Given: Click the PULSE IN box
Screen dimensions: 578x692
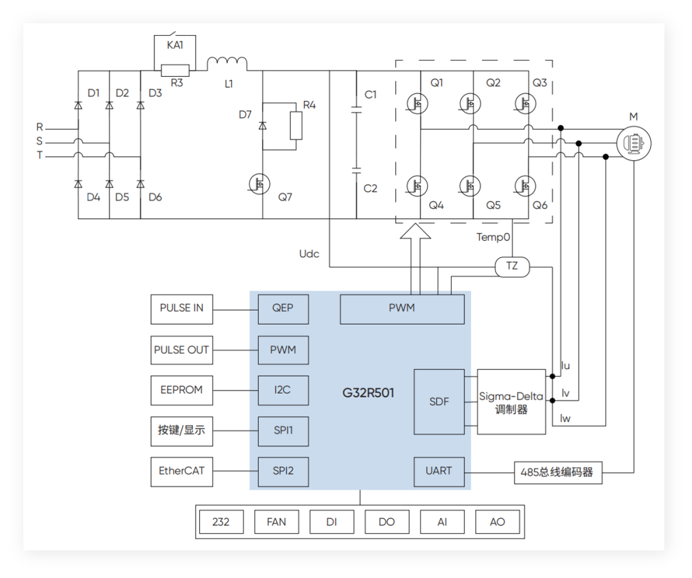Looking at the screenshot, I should pos(181,308).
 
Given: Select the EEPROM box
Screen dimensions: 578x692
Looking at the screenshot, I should pos(181,390).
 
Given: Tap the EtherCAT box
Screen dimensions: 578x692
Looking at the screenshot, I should pos(181,470).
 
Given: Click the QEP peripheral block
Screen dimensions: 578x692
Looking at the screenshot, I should pos(283,308).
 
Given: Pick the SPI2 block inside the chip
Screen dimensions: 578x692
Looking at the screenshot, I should pos(283,470).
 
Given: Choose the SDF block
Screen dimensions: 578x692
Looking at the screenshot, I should pos(439,402).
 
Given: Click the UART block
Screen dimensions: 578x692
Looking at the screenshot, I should pos(439,471).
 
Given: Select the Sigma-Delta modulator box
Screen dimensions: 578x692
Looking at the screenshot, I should pos(511,402).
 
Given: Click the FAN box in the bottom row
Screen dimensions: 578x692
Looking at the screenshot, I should pos(276,522).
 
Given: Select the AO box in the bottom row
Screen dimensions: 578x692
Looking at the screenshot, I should pos(497,522).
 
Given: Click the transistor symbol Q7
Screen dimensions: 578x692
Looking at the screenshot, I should pos(261,184).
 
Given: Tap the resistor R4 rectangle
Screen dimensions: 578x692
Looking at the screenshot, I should pos(295,125).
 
